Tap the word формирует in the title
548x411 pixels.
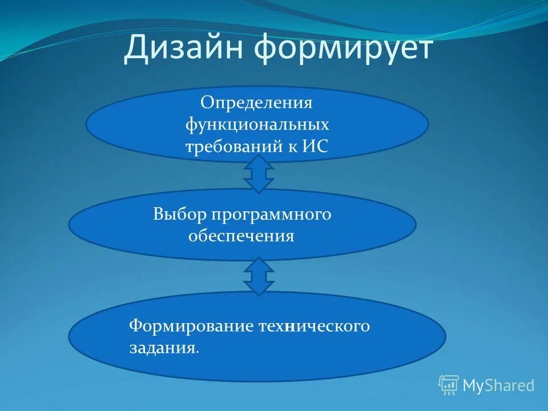point(344,49)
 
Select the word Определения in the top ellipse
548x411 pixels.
point(256,104)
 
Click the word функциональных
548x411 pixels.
point(257,124)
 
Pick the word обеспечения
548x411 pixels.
point(241,235)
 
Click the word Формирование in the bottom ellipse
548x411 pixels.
point(191,326)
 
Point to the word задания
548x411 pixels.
point(162,348)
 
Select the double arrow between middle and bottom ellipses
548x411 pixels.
point(259,276)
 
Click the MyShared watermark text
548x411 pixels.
point(498,385)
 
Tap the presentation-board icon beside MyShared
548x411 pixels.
point(449,385)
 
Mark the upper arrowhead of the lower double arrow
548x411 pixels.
point(259,265)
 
